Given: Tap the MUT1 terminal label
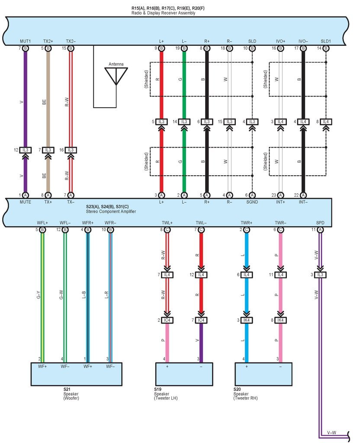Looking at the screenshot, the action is pyautogui.click(x=26, y=41).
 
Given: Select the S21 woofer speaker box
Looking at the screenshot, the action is pyautogui.click(x=76, y=374).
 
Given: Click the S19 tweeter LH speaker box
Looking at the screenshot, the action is pyautogui.click(x=184, y=374).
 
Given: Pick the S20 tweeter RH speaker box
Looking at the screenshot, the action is pyautogui.click(x=264, y=374).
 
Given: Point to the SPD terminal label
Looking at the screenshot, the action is pyautogui.click(x=320, y=223).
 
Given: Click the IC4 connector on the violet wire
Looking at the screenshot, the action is pyautogui.click(x=201, y=320).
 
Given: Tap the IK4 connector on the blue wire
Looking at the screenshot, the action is pyautogui.click(x=246, y=320).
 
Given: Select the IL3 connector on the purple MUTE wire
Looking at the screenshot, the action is pyautogui.click(x=26, y=150).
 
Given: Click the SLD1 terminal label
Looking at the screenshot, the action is pyautogui.click(x=326, y=41).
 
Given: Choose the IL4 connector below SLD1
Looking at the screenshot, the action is pyautogui.click(x=326, y=122).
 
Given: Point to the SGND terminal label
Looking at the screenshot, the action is pyautogui.click(x=252, y=202).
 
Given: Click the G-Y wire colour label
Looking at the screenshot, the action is pyautogui.click(x=39, y=295).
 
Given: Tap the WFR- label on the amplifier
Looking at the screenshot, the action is pyautogui.click(x=110, y=223).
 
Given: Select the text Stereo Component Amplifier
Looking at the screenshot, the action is pyautogui.click(x=111, y=211).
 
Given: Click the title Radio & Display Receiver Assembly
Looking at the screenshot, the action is pyautogui.click(x=163, y=13).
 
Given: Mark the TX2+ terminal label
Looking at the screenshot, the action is pyautogui.click(x=48, y=41).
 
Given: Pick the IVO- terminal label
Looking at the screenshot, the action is pyautogui.click(x=303, y=41).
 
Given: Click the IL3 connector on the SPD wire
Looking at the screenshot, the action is pyautogui.click(x=320, y=275).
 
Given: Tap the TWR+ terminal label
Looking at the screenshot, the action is pyautogui.click(x=246, y=223).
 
